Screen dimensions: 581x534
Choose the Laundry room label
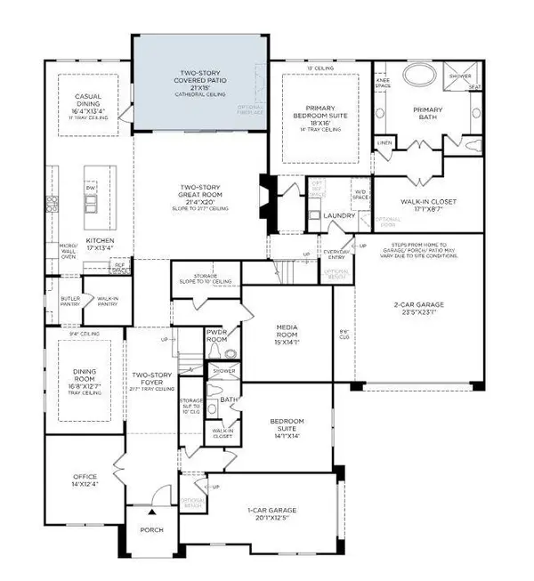340,215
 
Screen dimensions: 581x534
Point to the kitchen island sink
90,205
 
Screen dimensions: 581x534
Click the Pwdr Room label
217,335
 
